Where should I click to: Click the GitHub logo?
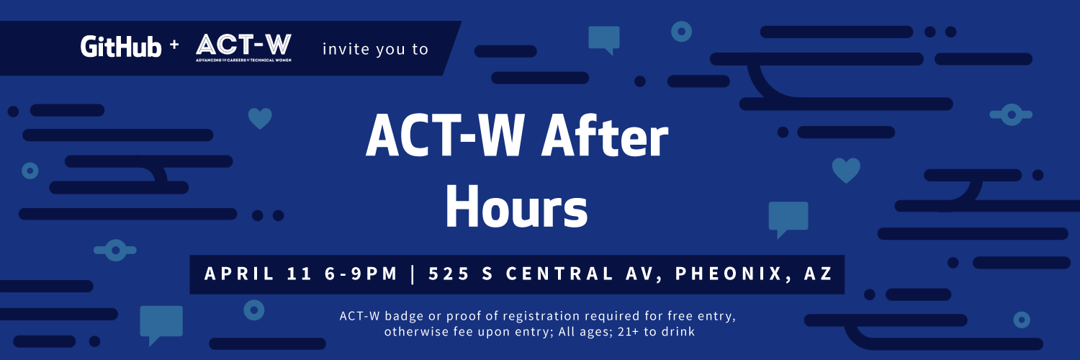tap(120, 47)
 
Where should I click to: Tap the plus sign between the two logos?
tap(174, 45)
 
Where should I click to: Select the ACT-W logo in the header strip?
tap(243, 47)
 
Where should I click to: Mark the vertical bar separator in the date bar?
tap(413, 274)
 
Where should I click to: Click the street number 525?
tap(449, 274)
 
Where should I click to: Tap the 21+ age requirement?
tap(626, 332)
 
